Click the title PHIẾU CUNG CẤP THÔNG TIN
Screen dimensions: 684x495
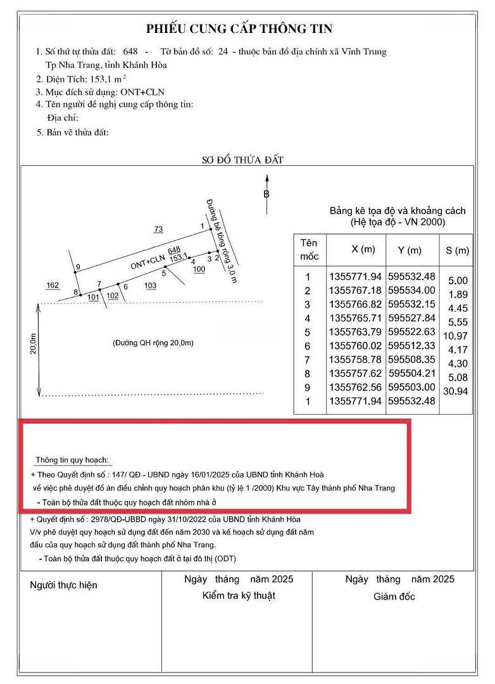pyautogui.click(x=239, y=28)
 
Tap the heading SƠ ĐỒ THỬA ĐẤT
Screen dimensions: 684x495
pyautogui.click(x=242, y=160)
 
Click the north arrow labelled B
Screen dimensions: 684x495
pyautogui.click(x=266, y=194)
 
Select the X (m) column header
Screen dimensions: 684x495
pyautogui.click(x=363, y=250)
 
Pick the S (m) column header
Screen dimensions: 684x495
pyautogui.click(x=457, y=251)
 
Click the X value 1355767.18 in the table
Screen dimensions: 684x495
pyautogui.click(x=355, y=291)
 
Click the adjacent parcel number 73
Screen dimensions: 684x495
pyautogui.click(x=159, y=229)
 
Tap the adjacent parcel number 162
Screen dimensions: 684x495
pyautogui.click(x=53, y=286)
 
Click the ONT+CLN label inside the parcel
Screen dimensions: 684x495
pyautogui.click(x=147, y=262)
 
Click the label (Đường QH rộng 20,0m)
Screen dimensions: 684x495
pyautogui.click(x=153, y=343)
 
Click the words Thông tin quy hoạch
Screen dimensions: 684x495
pyautogui.click(x=72, y=459)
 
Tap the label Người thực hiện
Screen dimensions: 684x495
pyautogui.click(x=64, y=585)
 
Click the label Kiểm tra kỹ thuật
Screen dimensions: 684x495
pyautogui.click(x=239, y=595)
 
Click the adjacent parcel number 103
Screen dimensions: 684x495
pyautogui.click(x=150, y=286)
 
